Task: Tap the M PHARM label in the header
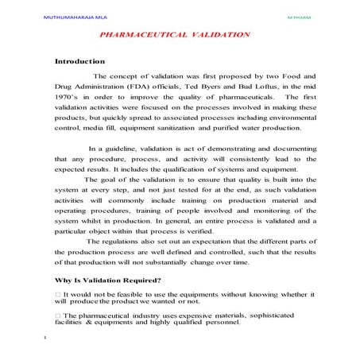pos(305,15)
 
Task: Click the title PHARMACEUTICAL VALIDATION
pos(175,36)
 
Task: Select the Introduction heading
pos(79,60)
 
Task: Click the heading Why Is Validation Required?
pos(107,280)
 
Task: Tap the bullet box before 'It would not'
pos(57,295)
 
